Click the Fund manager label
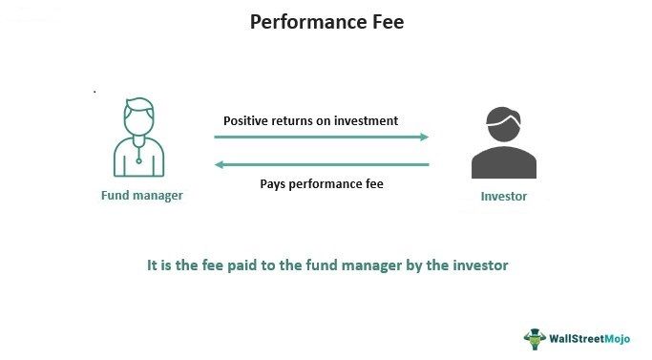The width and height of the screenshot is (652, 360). point(141,195)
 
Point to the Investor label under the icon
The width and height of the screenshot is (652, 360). point(503,197)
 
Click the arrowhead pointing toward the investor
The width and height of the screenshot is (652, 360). point(424,137)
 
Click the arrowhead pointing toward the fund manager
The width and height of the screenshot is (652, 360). point(220,165)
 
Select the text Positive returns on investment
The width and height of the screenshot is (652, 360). point(310,121)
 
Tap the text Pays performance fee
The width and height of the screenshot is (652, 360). point(321,182)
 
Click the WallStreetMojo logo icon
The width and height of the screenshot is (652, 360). point(533,337)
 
